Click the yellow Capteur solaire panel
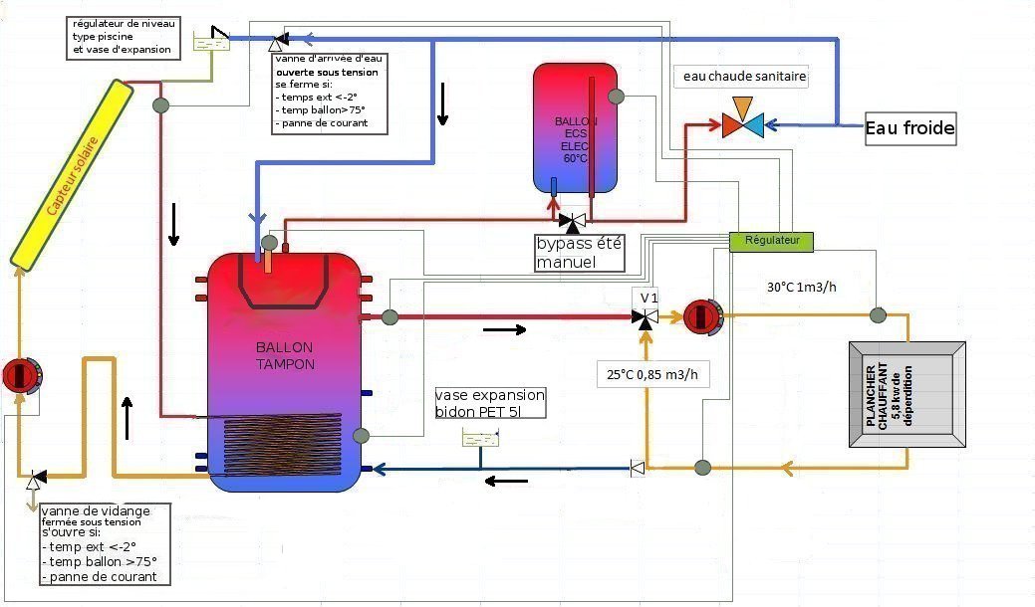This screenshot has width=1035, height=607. point(73,172)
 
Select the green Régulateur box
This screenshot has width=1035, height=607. point(771,241)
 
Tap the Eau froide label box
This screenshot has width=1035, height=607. point(909,128)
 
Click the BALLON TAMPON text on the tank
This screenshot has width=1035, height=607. point(285,356)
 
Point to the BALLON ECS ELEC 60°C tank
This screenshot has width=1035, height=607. point(574,127)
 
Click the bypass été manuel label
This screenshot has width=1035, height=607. point(580,254)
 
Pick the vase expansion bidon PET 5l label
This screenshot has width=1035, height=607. point(492,402)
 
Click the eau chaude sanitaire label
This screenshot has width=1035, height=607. point(740,77)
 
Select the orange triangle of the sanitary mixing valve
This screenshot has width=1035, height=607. point(742,106)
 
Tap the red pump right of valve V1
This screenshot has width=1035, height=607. point(701,316)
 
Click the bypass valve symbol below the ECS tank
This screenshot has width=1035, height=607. point(572,220)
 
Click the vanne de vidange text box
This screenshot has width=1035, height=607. point(103,544)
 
